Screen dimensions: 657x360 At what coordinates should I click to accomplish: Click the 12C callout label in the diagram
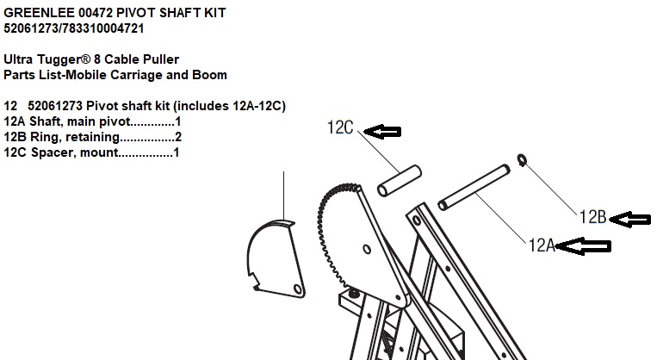(340, 127)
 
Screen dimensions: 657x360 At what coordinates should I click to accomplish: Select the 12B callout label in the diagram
(592, 217)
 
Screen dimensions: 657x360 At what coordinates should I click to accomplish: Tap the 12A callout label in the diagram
(542, 245)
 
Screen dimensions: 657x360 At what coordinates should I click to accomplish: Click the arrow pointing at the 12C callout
(382, 132)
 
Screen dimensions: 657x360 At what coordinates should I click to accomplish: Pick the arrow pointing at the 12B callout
(629, 219)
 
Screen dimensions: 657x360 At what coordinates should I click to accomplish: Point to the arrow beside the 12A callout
(583, 246)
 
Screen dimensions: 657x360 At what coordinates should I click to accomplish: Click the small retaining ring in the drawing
(522, 159)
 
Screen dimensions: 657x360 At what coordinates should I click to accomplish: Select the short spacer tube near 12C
(400, 181)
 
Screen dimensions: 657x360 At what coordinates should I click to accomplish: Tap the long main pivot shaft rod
(474, 188)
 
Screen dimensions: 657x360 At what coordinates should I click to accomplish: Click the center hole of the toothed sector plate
(367, 250)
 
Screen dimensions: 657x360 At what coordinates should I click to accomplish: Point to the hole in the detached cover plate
(297, 289)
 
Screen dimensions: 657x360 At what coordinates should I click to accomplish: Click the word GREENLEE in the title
(40, 13)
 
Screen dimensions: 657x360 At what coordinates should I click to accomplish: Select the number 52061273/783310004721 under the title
(74, 28)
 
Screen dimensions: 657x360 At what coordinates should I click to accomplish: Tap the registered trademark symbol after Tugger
(86, 59)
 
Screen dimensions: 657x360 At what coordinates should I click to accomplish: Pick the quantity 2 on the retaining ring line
(178, 137)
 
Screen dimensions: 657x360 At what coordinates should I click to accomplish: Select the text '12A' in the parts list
(15, 121)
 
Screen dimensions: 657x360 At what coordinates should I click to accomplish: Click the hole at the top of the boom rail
(417, 220)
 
